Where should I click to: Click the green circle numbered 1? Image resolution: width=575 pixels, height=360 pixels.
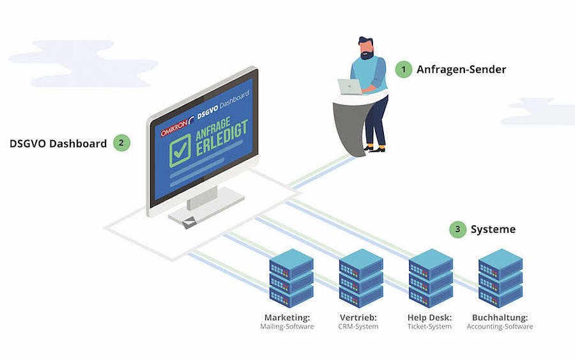point(403,69)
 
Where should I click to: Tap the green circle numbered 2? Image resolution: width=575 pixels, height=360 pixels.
point(122,143)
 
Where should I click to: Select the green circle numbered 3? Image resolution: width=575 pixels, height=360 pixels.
point(457,230)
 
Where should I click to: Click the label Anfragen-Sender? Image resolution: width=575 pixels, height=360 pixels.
point(461,69)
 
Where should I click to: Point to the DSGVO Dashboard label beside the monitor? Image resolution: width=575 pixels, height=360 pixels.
point(58,143)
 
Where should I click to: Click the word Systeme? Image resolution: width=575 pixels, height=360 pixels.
point(493,230)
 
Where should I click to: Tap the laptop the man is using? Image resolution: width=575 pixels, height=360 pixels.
point(350,86)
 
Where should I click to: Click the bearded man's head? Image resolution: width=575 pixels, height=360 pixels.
point(366,48)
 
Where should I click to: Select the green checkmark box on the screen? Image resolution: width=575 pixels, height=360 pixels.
point(180,150)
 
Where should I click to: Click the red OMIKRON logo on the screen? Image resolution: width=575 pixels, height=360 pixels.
point(174,127)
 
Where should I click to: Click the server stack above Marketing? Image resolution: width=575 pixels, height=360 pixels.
point(291,278)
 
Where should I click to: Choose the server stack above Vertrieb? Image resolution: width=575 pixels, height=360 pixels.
point(361,278)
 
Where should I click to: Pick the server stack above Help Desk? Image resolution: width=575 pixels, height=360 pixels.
point(431,278)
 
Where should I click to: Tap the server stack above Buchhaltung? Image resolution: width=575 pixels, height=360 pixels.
point(500,278)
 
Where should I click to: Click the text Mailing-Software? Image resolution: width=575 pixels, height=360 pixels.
point(287,327)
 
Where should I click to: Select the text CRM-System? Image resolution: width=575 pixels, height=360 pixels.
point(358,327)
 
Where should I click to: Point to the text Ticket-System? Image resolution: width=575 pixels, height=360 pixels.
point(429,327)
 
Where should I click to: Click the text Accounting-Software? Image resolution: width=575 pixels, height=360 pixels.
point(500,327)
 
